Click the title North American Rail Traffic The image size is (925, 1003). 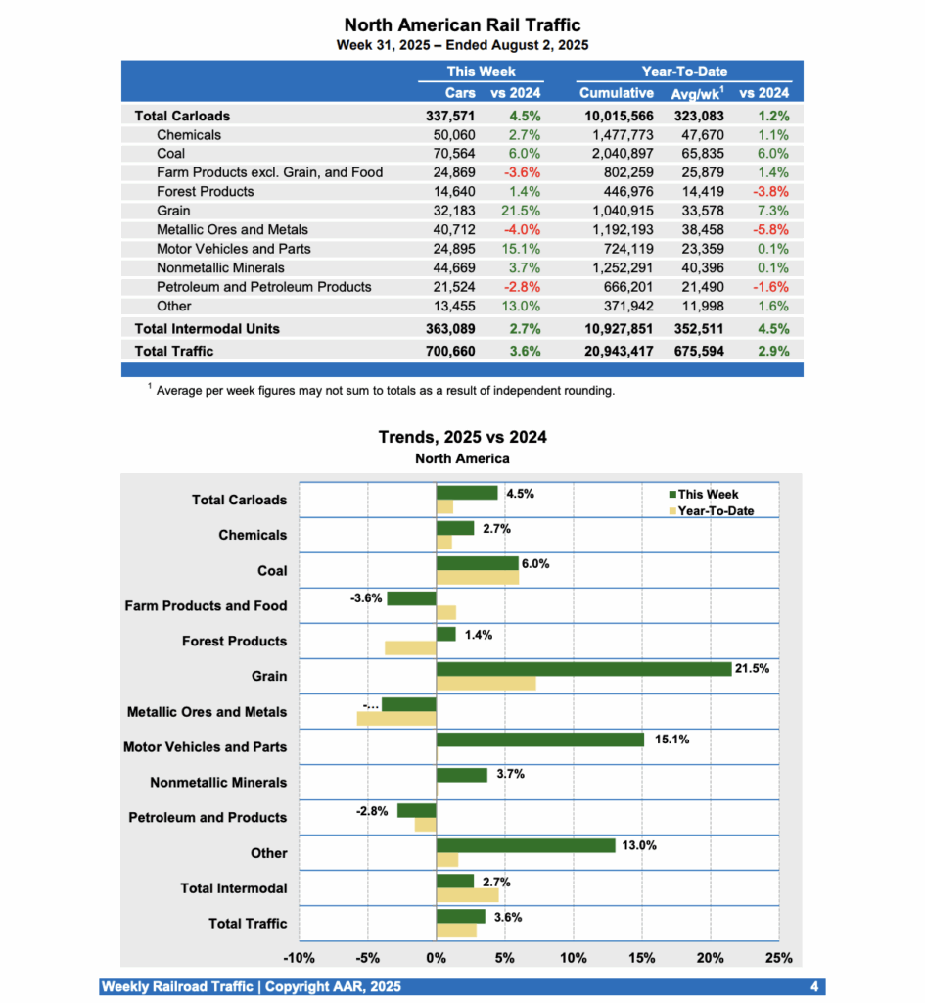[463, 24]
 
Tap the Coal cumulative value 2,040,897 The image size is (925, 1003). [617, 154]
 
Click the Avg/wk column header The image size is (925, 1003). [698, 94]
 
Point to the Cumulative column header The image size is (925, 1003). [617, 94]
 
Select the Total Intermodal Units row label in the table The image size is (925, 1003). [207, 329]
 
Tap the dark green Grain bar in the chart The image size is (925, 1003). [583, 669]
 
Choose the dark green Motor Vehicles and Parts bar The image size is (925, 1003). [539, 740]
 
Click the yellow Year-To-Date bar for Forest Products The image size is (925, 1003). [410, 647]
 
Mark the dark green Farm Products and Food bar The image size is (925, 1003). [411, 598]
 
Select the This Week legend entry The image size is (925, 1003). [708, 495]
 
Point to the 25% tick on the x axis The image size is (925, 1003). [778, 958]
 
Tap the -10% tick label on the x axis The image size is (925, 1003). [299, 958]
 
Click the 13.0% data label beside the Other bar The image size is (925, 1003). [639, 845]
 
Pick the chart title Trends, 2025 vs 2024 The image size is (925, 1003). [462, 437]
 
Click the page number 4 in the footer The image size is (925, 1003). [814, 986]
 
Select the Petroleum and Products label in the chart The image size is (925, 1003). [208, 818]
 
